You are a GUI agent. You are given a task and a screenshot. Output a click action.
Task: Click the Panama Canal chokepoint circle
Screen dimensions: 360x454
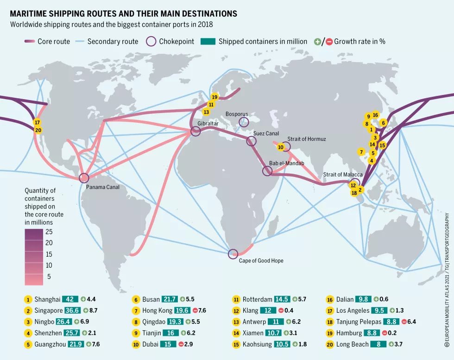tap(84, 178)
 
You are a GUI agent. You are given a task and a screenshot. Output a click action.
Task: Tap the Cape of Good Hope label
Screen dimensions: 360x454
tap(261, 261)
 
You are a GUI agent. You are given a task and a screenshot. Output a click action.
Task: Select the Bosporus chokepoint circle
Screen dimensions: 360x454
tap(244, 122)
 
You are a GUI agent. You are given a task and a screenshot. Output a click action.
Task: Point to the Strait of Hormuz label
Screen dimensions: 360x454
tap(307, 139)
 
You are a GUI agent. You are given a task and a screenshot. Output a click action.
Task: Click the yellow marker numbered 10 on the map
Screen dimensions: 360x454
tap(280, 147)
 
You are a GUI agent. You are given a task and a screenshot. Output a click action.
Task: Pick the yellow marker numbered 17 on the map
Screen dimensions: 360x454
tap(38, 122)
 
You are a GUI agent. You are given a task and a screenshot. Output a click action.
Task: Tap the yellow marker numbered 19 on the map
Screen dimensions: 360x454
tap(214, 97)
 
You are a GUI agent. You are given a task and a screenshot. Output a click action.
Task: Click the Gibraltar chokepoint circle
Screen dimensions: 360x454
tap(195, 132)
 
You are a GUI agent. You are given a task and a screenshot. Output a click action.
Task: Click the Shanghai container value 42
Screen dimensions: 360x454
tap(70, 299)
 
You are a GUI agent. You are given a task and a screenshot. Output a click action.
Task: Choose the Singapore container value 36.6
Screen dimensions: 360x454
tap(72, 310)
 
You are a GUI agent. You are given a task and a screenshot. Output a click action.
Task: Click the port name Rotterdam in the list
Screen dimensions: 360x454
tap(257, 299)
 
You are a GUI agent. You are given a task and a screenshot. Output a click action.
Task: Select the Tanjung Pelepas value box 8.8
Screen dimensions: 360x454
tap(391, 322)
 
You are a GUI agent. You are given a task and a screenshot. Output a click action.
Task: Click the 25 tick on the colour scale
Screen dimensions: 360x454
tap(49, 232)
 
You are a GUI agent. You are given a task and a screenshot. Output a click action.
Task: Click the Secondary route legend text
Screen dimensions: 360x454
tap(113, 41)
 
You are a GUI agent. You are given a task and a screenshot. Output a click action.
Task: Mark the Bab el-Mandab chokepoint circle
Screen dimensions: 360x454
tap(267, 171)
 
